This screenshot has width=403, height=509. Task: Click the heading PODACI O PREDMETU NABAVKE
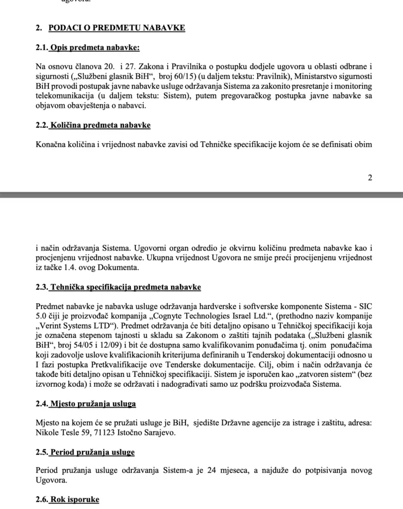click(x=117, y=28)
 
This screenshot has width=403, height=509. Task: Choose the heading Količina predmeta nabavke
click(x=100, y=125)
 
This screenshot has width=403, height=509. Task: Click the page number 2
click(x=370, y=177)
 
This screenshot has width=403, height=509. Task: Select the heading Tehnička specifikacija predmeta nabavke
click(x=125, y=287)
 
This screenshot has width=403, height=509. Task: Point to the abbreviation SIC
click(x=366, y=306)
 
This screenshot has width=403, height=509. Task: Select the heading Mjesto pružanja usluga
click(x=93, y=404)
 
